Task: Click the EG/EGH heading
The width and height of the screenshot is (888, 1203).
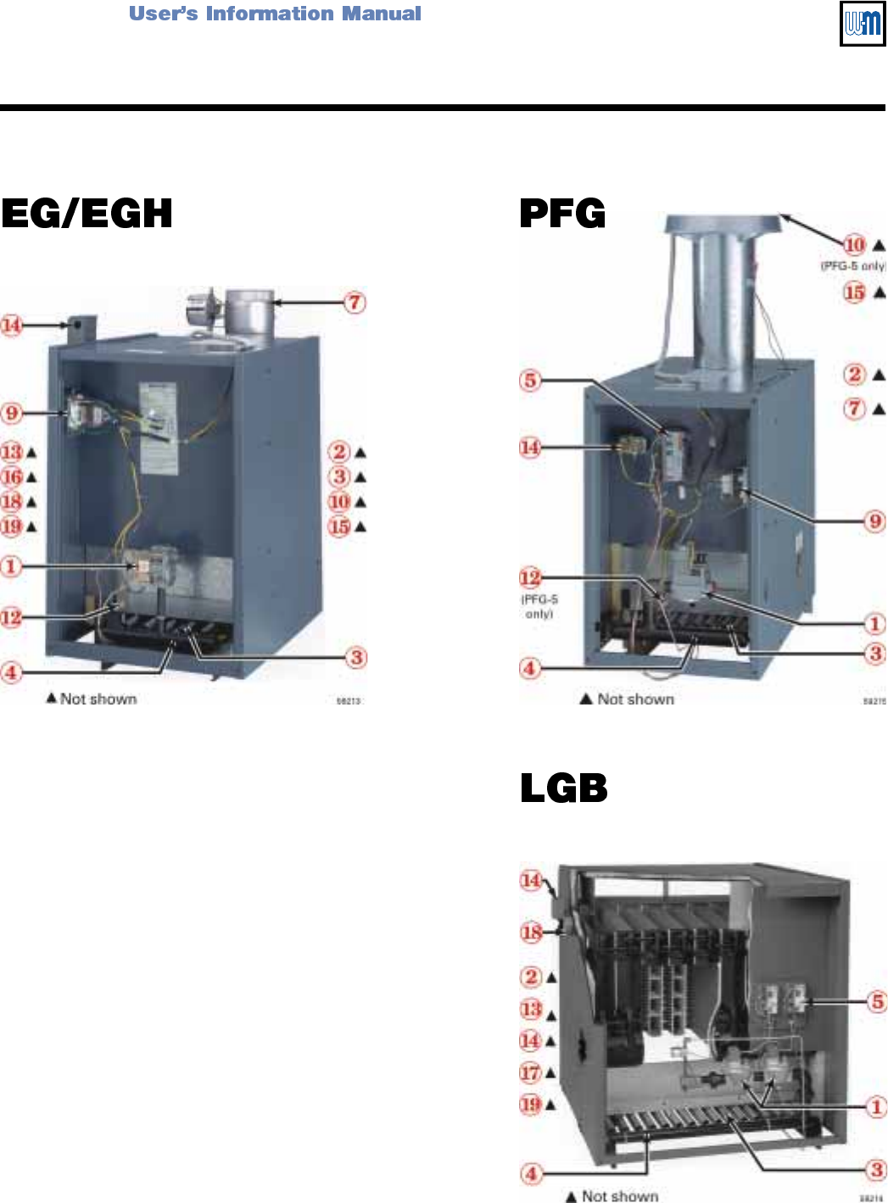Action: (87, 214)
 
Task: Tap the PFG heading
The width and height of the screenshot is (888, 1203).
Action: (562, 214)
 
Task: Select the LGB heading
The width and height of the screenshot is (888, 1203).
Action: (563, 788)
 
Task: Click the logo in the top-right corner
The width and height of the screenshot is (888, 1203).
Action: (862, 23)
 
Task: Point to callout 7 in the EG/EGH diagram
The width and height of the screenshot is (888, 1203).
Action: (355, 302)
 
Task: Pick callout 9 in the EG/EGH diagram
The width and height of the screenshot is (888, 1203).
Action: (11, 413)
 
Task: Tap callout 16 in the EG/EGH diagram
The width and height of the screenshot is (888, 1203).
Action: (12, 476)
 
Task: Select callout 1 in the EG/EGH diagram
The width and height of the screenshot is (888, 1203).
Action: (11, 565)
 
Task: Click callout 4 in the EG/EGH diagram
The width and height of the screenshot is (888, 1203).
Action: (11, 672)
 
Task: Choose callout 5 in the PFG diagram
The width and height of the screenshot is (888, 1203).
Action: (530, 380)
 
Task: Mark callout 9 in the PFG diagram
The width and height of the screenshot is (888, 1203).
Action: (875, 521)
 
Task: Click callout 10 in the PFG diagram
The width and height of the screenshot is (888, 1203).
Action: (854, 245)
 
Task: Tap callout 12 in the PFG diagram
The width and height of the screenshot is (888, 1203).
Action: (530, 578)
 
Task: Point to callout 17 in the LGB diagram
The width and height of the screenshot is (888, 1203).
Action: (530, 1072)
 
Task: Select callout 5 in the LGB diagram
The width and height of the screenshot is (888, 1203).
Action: (877, 1001)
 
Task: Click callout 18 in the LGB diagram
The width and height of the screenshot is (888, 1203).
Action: (531, 933)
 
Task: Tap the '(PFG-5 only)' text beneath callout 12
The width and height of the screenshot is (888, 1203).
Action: (539, 606)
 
